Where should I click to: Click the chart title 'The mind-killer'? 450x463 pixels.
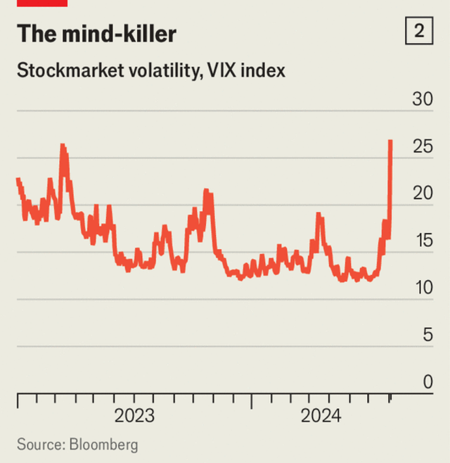tap(97, 34)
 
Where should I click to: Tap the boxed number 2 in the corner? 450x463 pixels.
tap(418, 32)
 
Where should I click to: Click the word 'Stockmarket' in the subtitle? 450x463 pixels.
tap(66, 71)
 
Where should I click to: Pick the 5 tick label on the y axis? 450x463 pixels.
tap(427, 335)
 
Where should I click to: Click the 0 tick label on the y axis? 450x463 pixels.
tap(427, 382)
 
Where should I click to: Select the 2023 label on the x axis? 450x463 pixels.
tap(134, 416)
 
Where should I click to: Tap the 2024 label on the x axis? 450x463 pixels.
tap(321, 416)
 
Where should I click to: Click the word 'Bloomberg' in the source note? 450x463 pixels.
tap(103, 445)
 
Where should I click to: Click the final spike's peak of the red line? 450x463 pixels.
tap(390, 141)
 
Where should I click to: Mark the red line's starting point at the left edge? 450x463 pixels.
tap(17, 179)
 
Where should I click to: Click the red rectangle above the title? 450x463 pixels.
tap(41, 3)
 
